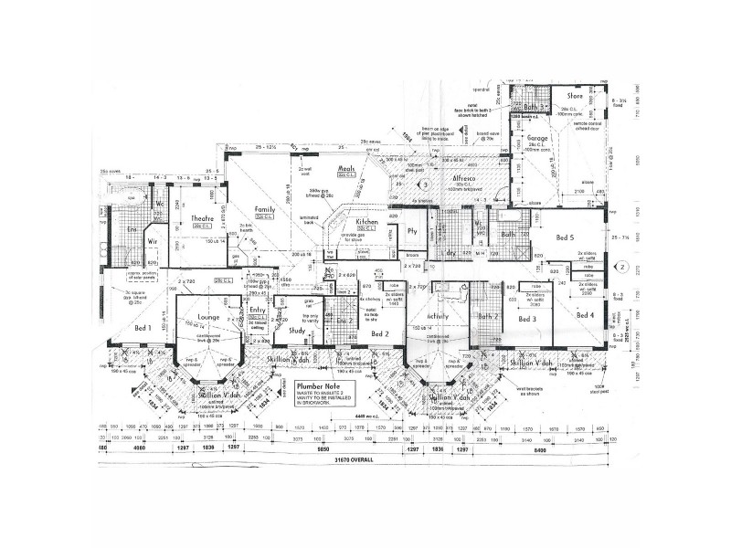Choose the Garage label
(536, 140)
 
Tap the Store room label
(575, 95)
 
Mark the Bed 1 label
(143, 326)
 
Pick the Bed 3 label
(526, 320)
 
